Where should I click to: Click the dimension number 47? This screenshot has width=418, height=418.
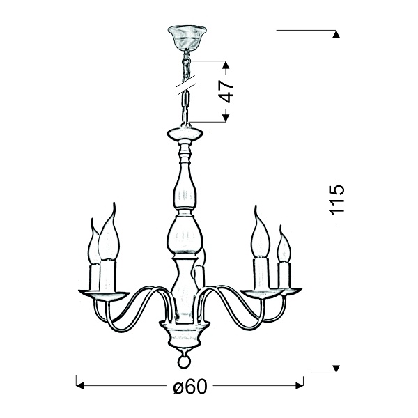226,91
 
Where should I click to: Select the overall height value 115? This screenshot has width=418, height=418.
336,201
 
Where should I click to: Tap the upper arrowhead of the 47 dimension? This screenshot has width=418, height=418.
226,67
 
